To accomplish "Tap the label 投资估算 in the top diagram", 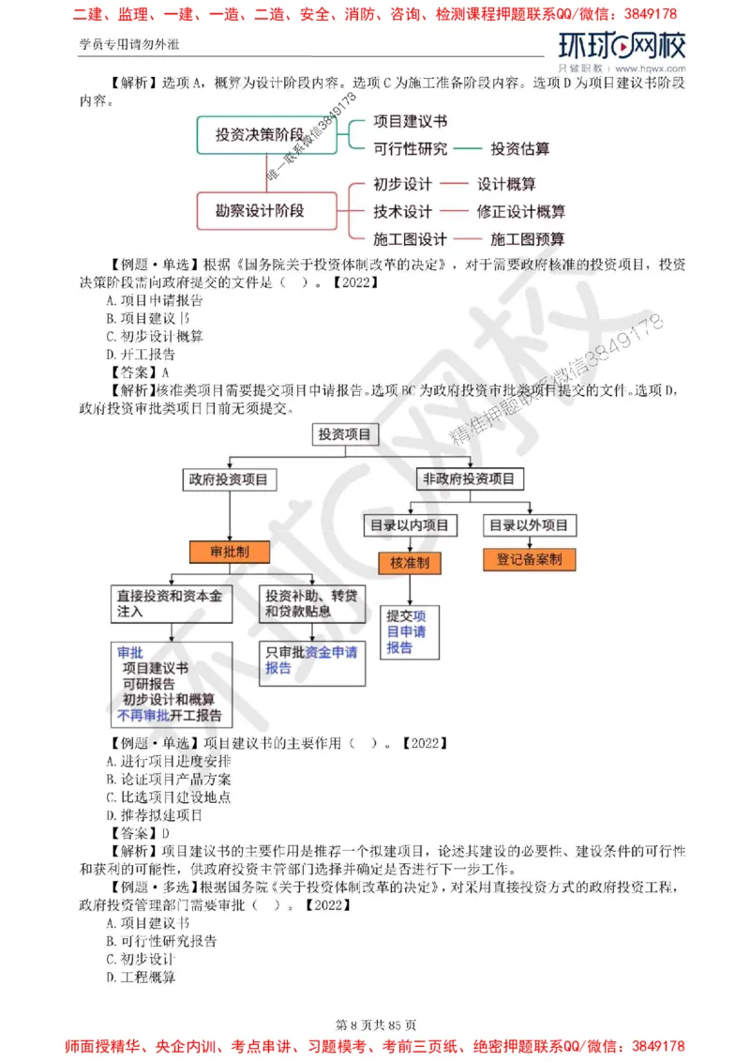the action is [x=520, y=148].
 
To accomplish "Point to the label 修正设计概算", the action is [x=520, y=211].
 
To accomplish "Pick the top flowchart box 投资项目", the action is [x=344, y=434].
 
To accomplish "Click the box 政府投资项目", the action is [x=228, y=479].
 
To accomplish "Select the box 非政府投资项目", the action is [x=469, y=478].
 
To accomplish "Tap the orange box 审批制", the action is [x=228, y=552].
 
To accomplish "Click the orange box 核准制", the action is [x=410, y=563].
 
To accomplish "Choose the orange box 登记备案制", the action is [x=530, y=560].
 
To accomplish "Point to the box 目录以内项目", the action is [x=410, y=525].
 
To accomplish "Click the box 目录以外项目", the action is [x=529, y=525].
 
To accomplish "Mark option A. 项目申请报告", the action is [x=155, y=300].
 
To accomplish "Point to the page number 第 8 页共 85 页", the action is [x=374, y=1024].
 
